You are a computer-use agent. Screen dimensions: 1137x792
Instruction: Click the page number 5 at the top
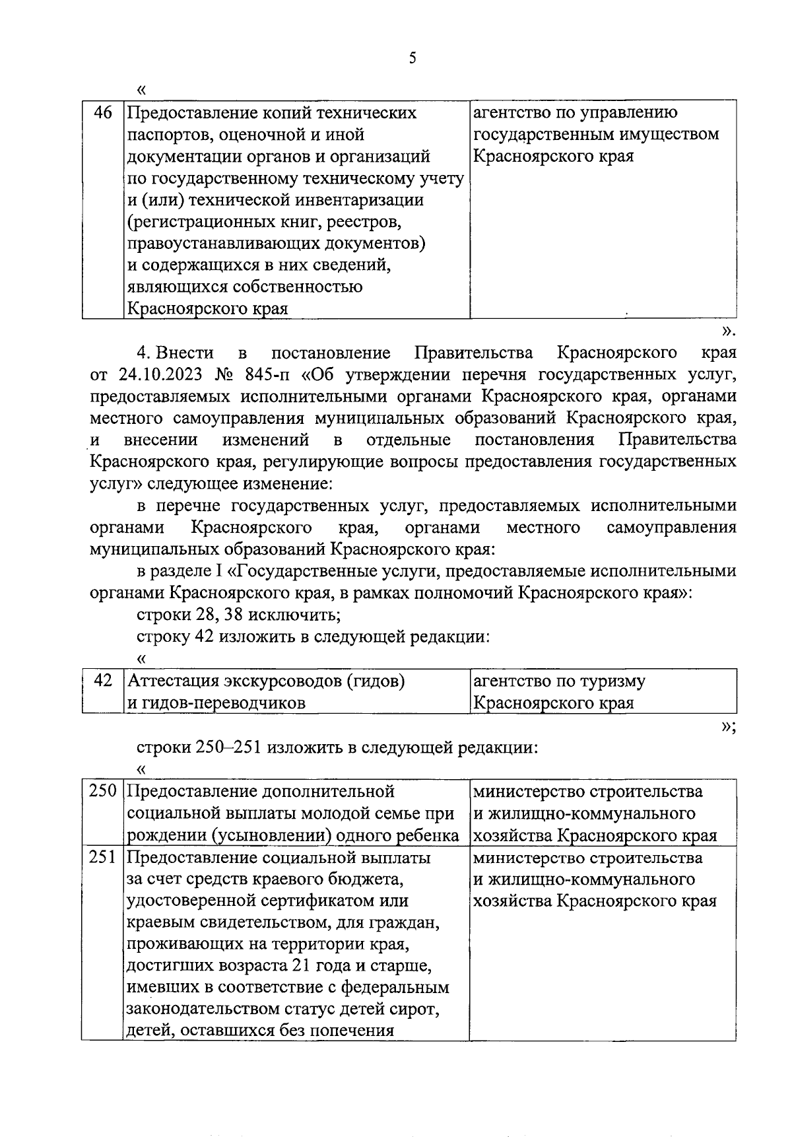pyautogui.click(x=412, y=58)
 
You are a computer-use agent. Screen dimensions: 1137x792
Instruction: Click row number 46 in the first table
pyautogui.click(x=102, y=113)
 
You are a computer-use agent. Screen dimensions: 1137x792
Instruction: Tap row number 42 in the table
pyautogui.click(x=102, y=680)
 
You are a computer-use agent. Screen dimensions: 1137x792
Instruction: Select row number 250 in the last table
pyautogui.click(x=102, y=791)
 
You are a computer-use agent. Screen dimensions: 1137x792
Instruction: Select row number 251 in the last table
pyautogui.click(x=102, y=858)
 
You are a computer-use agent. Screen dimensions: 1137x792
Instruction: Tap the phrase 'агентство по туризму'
pyautogui.click(x=560, y=680)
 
